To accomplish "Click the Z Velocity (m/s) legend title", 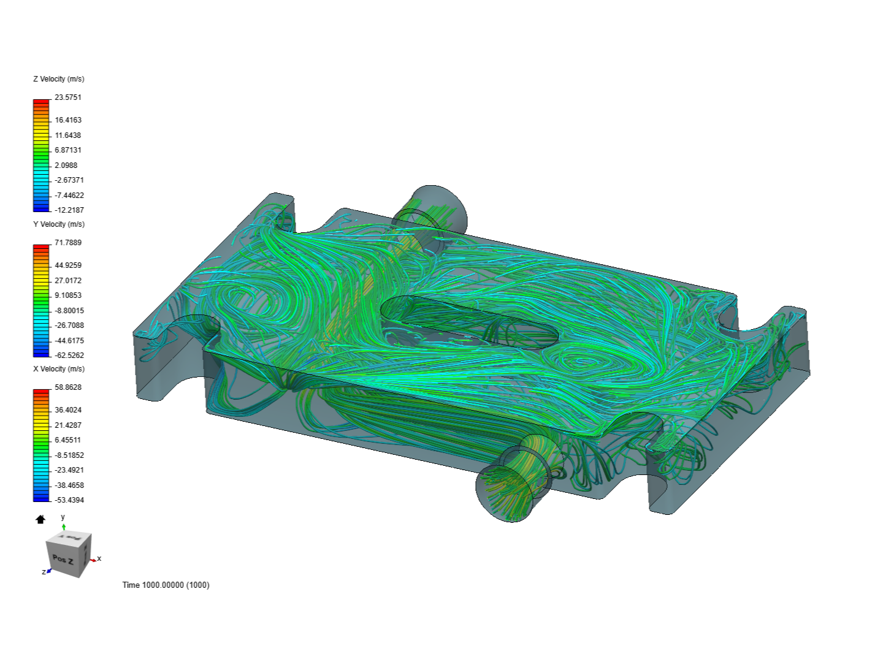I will point(58,79).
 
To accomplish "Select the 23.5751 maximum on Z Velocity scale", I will point(67,97).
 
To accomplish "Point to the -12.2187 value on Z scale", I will point(69,210).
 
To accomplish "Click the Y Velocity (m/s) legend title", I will point(58,224).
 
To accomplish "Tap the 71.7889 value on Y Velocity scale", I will point(67,243).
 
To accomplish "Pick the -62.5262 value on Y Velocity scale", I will point(69,356).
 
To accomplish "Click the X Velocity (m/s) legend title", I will point(58,369).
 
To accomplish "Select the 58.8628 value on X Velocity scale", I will point(67,387).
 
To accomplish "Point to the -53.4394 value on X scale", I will point(69,500).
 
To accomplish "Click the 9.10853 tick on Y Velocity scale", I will point(67,295).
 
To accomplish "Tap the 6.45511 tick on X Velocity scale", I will point(67,440).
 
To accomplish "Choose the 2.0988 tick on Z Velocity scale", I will point(66,165).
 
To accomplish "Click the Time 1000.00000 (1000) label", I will point(166,585).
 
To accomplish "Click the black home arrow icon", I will point(40,520).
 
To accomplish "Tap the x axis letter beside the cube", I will point(99,558).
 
